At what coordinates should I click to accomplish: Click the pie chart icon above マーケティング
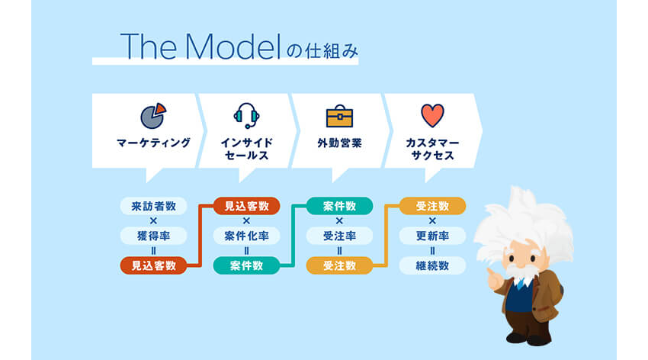point(153,116)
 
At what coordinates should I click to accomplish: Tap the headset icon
point(246,116)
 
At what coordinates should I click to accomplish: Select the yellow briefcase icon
point(339,116)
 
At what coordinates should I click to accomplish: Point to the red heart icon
point(432,115)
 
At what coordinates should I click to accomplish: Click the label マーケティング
point(154,143)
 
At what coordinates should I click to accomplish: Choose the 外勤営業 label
point(339,143)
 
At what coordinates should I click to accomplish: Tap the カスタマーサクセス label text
point(432,149)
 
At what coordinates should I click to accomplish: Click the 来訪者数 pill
point(153,206)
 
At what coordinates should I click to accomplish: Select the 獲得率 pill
point(153,236)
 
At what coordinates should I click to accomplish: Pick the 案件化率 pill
point(246,236)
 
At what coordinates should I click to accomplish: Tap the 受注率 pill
point(339,236)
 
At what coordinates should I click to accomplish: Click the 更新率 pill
point(432,236)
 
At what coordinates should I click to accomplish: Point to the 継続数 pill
point(432,265)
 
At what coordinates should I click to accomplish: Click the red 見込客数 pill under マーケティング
point(153,265)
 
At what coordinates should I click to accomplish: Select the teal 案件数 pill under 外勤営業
point(339,206)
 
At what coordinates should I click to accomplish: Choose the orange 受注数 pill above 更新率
point(432,206)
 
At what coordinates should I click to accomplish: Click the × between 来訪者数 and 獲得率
point(153,220)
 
